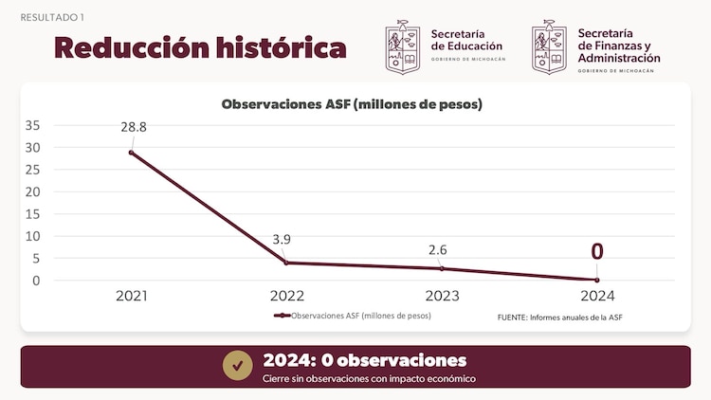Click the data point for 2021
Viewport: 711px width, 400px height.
pos(132,153)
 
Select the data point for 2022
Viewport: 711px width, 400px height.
pos(286,263)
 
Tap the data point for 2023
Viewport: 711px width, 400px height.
pos(442,268)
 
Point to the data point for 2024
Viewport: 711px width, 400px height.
pos(597,280)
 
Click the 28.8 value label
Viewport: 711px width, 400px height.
pos(133,127)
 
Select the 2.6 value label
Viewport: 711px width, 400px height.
pos(437,249)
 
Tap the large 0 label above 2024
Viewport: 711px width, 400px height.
pos(597,251)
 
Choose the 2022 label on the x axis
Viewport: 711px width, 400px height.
pos(286,296)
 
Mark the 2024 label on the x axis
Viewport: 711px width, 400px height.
pos(597,296)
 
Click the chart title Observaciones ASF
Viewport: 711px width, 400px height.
pos(352,105)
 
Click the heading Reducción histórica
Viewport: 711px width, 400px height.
pos(200,46)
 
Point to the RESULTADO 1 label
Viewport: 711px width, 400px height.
pos(51,17)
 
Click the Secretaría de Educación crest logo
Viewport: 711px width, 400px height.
pos(403,47)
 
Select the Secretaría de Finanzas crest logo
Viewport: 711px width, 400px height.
pos(550,47)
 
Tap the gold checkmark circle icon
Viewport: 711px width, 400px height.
pos(237,365)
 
